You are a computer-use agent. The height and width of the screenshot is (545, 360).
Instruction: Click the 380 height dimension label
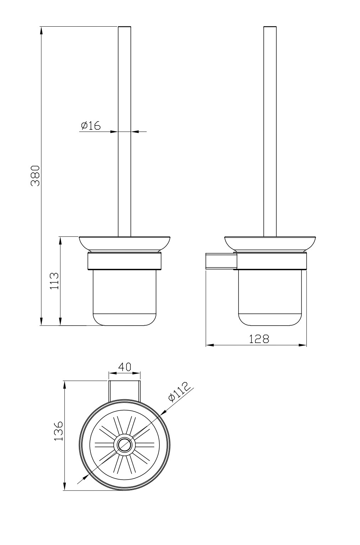(35, 176)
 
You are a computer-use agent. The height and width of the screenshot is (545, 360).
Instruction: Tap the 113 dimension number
(54, 281)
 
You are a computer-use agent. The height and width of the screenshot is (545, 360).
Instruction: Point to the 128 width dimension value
(259, 339)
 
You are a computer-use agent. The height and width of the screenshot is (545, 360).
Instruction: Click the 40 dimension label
(124, 367)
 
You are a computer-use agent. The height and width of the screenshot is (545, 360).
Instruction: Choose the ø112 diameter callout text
(179, 392)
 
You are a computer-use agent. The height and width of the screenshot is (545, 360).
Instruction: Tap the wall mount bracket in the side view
(220, 261)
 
